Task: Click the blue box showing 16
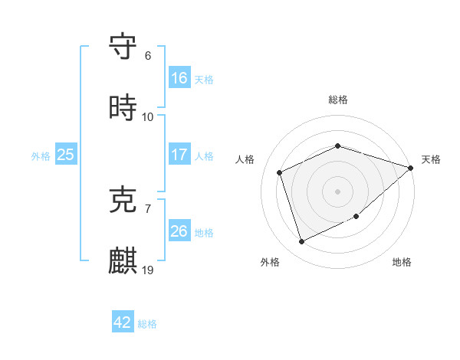point(179,78)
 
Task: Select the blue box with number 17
point(179,155)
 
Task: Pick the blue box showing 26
point(179,231)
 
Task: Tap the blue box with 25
point(66,155)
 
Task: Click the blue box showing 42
point(123,322)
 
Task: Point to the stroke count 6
point(148,56)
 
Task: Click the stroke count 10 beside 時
point(148,117)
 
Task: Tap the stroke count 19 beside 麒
point(148,270)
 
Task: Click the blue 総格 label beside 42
point(147,324)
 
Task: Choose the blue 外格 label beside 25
point(41,155)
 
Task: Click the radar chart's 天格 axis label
point(431,159)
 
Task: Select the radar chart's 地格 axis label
point(402,262)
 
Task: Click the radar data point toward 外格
point(301,242)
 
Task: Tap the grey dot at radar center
point(337,191)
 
